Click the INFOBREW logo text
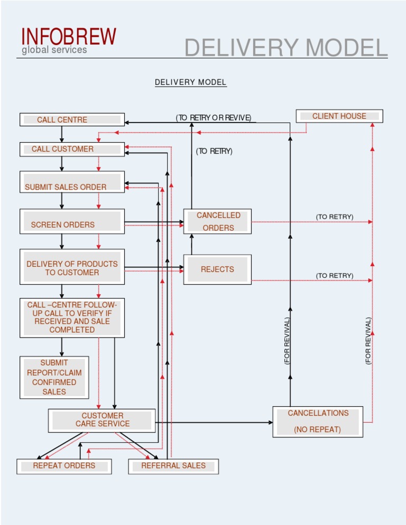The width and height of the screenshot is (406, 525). [69, 36]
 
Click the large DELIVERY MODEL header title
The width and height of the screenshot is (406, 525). [285, 48]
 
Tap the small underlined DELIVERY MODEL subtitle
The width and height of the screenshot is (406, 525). [190, 82]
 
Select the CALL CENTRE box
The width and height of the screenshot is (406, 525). [72, 120]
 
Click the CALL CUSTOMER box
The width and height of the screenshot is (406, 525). [72, 149]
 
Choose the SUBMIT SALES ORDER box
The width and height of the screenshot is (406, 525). [72, 182]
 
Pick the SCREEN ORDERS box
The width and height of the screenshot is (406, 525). [72, 221]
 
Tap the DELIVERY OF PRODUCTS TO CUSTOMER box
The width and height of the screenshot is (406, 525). [72, 267]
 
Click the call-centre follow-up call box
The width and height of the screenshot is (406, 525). [72, 317]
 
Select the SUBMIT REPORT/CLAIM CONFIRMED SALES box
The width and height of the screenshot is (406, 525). [54, 378]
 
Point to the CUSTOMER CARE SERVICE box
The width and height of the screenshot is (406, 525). [102, 420]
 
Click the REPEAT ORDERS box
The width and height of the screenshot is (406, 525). [64, 466]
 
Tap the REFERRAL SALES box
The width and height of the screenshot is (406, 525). [173, 466]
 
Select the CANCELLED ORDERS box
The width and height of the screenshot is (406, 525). [217, 221]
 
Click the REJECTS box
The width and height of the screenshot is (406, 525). [217, 269]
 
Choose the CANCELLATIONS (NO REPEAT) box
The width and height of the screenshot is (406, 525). [318, 421]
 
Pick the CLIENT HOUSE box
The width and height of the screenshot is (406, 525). [339, 116]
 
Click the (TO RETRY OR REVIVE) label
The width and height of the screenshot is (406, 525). [214, 118]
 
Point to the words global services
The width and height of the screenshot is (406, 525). [54, 50]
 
